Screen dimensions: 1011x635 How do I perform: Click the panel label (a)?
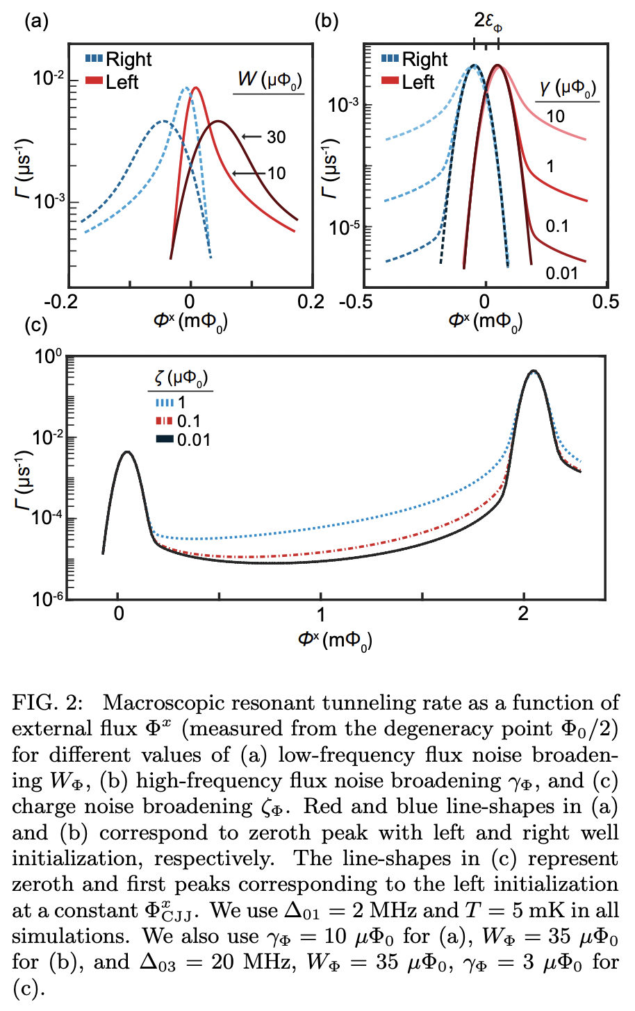tap(36, 22)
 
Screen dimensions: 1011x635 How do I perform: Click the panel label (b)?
tap(327, 22)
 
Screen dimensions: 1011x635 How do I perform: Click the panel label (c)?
tap(36, 325)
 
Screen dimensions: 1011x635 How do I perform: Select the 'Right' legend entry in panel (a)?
tap(128, 60)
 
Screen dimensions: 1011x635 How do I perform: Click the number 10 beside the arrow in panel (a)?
tap(277, 174)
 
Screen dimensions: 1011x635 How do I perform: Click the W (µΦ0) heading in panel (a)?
tap(269, 80)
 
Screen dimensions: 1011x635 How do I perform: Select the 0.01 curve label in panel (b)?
tap(561, 273)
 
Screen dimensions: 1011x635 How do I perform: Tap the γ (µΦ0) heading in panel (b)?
tap(568, 88)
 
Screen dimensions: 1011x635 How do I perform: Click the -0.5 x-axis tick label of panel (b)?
tap(355, 302)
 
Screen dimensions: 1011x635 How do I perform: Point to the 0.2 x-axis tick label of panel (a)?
tap(310, 302)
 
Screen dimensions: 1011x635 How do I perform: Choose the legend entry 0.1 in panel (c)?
tap(188, 421)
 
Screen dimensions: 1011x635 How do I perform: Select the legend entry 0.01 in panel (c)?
tap(193, 440)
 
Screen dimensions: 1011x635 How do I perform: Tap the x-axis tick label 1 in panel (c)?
tap(320, 615)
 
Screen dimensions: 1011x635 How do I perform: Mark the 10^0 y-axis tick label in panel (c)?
tap(49, 357)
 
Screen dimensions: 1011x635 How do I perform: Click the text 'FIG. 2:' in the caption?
tap(47, 703)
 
